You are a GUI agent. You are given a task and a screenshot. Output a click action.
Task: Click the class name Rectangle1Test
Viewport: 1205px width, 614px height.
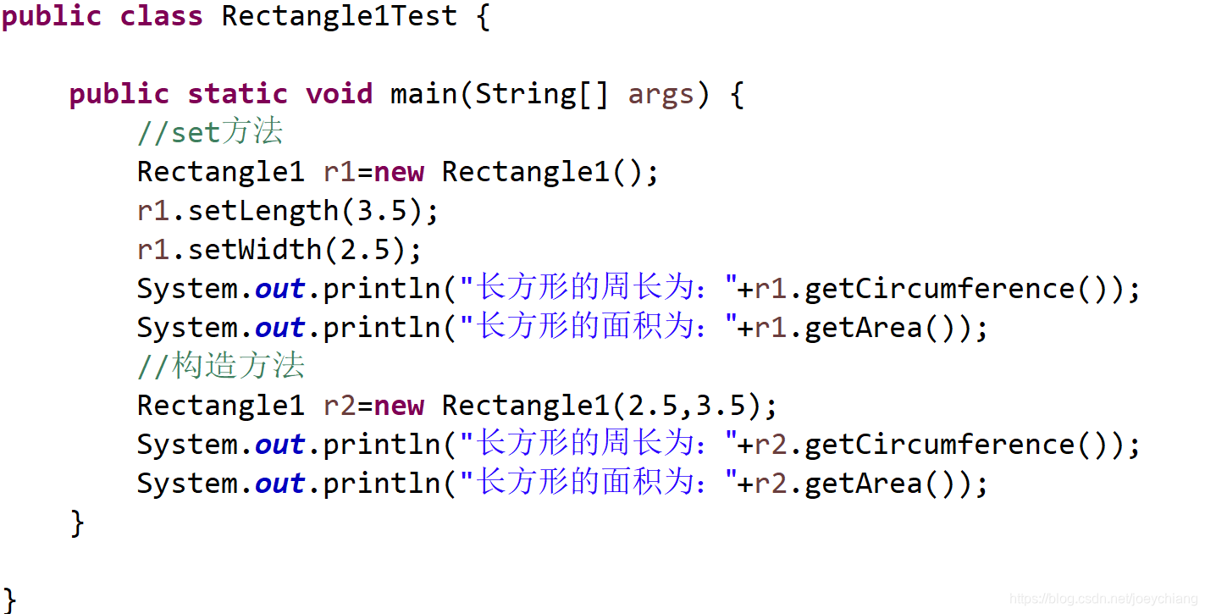click(x=339, y=16)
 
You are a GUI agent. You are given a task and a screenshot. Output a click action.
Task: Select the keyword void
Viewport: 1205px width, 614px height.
click(x=339, y=93)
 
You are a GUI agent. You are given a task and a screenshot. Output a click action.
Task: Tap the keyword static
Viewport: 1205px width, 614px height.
click(x=237, y=93)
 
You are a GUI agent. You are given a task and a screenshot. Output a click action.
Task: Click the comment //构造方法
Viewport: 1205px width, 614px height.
click(x=220, y=367)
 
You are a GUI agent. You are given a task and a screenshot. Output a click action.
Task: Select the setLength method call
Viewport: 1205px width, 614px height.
click(x=263, y=211)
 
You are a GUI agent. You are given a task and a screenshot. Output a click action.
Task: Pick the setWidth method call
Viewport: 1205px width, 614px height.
click(x=254, y=250)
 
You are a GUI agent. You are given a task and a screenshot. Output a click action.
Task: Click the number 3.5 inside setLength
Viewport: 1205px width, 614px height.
click(x=381, y=211)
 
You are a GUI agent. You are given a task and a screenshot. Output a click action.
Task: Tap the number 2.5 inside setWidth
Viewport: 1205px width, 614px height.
click(x=364, y=250)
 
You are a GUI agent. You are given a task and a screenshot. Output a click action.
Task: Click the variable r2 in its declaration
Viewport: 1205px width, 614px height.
click(x=340, y=406)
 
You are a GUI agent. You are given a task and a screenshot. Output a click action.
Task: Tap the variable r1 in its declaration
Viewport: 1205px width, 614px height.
click(x=340, y=172)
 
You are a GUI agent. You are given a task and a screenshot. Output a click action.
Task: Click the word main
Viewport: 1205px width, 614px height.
click(x=423, y=93)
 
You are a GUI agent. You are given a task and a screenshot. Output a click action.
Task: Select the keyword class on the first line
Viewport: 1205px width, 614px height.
click(x=161, y=16)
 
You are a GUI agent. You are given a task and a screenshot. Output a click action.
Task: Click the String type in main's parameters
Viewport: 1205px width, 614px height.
click(x=525, y=93)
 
